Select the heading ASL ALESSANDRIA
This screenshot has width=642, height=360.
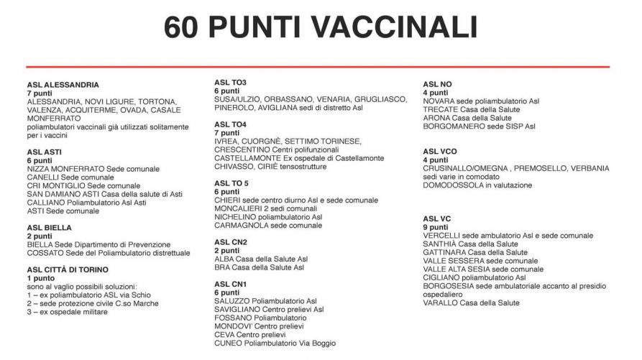pyautogui.click(x=63, y=85)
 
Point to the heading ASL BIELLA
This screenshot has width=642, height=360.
pyautogui.click(x=50, y=228)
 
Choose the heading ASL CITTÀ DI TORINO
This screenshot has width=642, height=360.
pyautogui.click(x=68, y=270)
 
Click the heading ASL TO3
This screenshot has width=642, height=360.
pyautogui.click(x=230, y=82)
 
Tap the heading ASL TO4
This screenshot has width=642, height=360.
pyautogui.click(x=230, y=124)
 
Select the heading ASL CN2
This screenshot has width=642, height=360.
pyautogui.click(x=230, y=242)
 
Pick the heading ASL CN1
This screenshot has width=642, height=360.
pyautogui.click(x=230, y=284)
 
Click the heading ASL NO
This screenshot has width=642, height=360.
pyautogui.click(x=437, y=84)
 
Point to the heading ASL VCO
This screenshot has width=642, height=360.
pyautogui.click(x=440, y=151)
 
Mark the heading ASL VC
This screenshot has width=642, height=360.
pyautogui.click(x=437, y=218)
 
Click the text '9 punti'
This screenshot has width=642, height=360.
pyautogui.click(x=436, y=227)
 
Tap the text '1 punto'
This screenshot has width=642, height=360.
pyautogui.click(x=41, y=278)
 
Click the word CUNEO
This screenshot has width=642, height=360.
pyautogui.click(x=229, y=343)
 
